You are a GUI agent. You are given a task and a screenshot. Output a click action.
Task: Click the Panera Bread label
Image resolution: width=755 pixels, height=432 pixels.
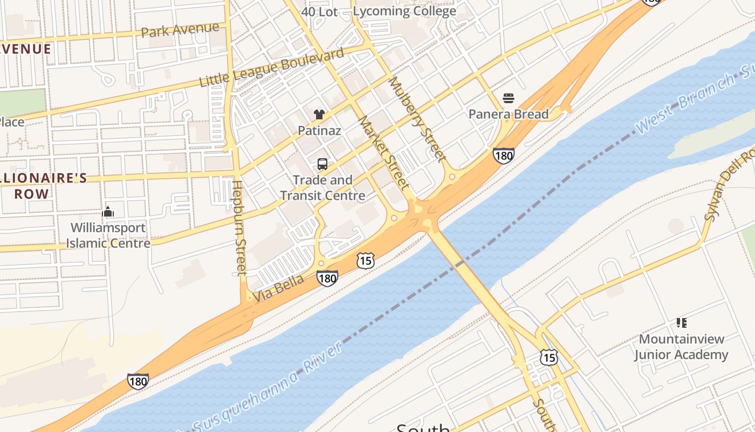[x=508, y=114]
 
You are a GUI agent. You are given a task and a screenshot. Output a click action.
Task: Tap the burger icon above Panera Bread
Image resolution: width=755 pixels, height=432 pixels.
[x=508, y=98]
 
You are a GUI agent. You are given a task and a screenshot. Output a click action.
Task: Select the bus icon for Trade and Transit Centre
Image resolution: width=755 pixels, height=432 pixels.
[x=322, y=164]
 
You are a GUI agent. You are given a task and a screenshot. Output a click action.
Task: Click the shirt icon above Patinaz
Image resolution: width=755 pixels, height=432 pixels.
[x=319, y=114]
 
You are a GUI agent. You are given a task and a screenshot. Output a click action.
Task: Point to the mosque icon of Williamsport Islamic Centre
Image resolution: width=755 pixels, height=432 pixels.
[x=108, y=211]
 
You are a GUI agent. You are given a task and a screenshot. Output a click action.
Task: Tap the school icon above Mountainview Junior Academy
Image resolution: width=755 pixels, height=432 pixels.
[x=681, y=323]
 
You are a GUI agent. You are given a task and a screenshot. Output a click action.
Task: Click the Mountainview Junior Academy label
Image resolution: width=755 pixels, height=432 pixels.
[x=681, y=347]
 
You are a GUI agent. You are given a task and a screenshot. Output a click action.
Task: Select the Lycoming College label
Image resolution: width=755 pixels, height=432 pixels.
[x=404, y=11]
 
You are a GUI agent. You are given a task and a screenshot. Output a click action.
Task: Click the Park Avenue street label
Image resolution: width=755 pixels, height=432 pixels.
[x=180, y=29]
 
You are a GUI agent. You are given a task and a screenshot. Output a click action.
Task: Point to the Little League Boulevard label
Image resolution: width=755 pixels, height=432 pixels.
[x=271, y=67]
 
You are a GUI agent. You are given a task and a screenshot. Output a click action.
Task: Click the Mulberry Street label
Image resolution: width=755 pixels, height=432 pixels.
[x=417, y=119]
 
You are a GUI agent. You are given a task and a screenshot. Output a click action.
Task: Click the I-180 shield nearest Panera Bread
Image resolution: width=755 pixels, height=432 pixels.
[x=503, y=156]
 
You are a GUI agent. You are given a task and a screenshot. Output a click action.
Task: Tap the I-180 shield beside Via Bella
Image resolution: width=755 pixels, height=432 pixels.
[x=327, y=278]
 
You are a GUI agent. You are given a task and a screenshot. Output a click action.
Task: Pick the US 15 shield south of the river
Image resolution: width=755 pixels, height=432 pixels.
[x=549, y=357]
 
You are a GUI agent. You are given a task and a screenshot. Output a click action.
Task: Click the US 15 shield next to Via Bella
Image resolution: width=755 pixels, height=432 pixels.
[x=365, y=261]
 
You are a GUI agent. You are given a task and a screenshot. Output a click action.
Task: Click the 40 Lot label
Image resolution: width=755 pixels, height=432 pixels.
[x=319, y=11]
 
